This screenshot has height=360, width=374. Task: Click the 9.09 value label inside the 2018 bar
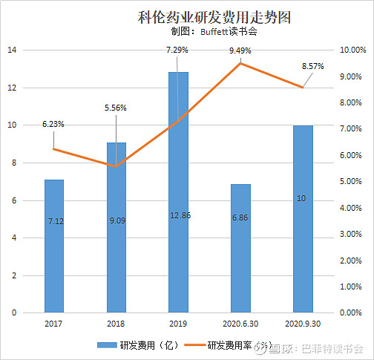pos(116,220)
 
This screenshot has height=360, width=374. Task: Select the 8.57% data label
pos(312,66)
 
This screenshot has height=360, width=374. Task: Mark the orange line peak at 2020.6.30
pos(240,63)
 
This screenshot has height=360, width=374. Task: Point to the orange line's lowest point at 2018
pos(116,166)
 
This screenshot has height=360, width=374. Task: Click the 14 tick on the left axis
pos(12,50)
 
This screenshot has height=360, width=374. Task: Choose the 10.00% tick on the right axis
pos(352,50)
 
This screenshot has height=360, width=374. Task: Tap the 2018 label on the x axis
pos(116,324)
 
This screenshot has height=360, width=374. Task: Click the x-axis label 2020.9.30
pos(303,324)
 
